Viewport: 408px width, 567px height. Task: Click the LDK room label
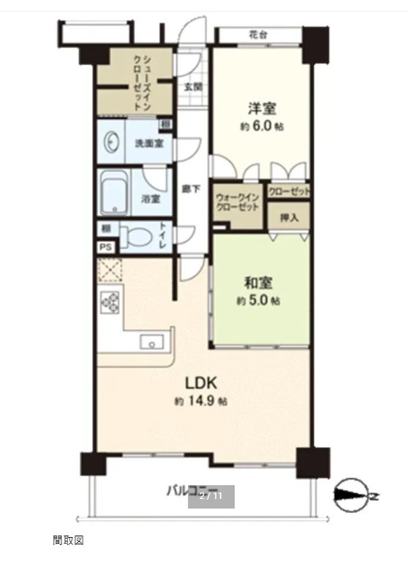(x=200, y=383)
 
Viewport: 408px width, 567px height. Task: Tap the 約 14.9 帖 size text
(x=200, y=401)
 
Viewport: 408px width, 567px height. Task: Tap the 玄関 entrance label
(x=192, y=86)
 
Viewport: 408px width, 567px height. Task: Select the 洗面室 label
(x=148, y=143)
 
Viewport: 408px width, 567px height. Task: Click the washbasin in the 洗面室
(x=112, y=143)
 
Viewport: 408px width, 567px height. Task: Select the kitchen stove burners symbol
(x=111, y=302)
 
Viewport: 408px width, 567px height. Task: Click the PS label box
(x=105, y=248)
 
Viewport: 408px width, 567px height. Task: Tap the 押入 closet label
(x=289, y=217)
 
